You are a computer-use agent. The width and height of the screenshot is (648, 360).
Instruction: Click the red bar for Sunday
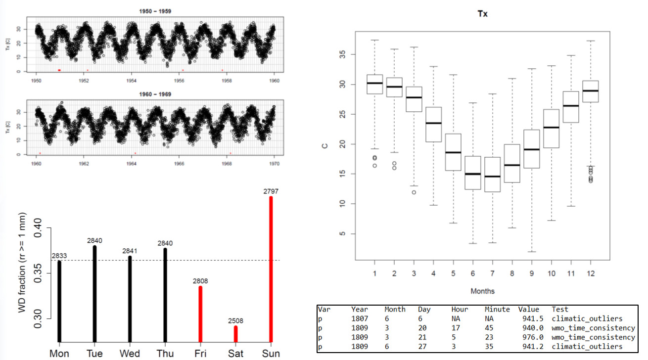(271, 270)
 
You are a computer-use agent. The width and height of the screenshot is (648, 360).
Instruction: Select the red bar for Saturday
(235, 334)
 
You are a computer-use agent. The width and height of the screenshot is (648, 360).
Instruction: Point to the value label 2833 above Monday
(59, 256)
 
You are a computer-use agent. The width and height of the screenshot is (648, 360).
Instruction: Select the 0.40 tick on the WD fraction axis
(37, 228)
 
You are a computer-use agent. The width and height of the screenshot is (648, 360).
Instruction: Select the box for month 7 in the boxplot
(529, 175)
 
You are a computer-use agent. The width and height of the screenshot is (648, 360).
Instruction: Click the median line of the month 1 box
(374, 83)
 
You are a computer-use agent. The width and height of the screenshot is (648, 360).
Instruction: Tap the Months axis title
(482, 291)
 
